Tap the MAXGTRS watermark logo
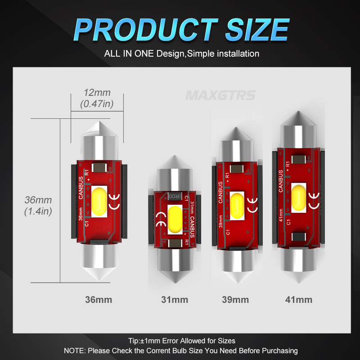(220, 95)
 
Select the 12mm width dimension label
(97, 93)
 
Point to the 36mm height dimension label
(38, 200)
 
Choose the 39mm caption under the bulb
(235, 299)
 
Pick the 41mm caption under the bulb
(299, 299)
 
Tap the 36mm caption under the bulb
(99, 299)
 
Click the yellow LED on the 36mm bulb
(100, 201)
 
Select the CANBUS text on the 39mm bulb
(220, 192)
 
